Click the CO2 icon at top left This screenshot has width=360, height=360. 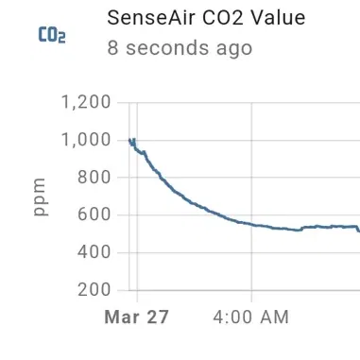52,36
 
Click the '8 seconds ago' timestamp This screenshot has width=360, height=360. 180,47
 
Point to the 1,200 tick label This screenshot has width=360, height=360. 85,102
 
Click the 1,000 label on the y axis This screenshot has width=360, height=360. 85,140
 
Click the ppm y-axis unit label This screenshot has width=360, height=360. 40,197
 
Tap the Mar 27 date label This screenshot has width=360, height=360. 136,317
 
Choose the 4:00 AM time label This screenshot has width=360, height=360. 251,317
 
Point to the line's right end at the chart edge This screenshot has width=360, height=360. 358,230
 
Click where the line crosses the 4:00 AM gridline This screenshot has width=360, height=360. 251,224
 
